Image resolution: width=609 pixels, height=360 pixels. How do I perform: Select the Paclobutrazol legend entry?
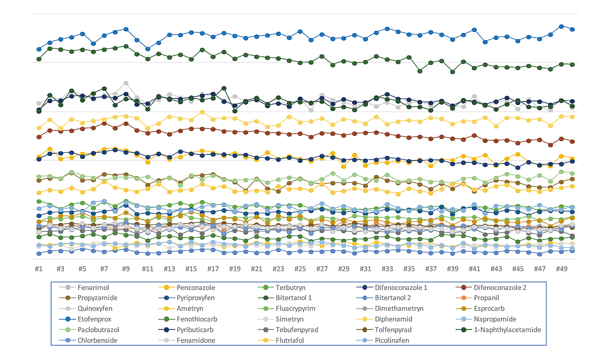(98, 330)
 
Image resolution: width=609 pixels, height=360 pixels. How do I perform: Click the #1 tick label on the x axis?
(39, 268)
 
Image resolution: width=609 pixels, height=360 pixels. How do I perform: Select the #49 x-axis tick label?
(561, 268)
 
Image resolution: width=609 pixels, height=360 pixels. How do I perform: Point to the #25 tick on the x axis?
(300, 268)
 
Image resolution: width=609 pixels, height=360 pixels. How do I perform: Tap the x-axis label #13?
(169, 268)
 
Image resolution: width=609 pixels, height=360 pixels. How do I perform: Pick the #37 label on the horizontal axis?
(431, 268)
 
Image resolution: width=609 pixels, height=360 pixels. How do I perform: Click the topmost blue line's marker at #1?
(39, 49)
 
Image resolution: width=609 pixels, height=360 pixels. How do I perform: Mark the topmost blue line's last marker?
(572, 29)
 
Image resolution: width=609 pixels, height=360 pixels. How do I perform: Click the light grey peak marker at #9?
(126, 83)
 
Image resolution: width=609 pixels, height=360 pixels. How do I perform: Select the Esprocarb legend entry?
(490, 309)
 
